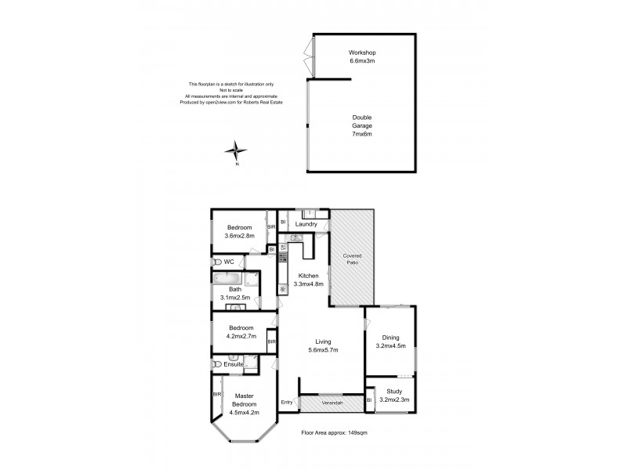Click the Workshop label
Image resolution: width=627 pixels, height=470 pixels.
tap(363, 52)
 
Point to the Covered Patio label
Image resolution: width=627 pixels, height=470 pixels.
tap(351, 260)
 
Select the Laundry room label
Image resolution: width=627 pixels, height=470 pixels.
tap(306, 224)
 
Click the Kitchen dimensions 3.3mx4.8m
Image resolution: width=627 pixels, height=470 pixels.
tap(308, 284)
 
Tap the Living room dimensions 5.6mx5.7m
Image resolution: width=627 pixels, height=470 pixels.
tap(323, 350)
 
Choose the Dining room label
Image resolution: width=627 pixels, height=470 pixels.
tap(390, 338)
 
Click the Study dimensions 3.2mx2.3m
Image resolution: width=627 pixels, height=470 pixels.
tap(393, 399)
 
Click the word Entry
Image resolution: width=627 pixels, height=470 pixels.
tap(287, 402)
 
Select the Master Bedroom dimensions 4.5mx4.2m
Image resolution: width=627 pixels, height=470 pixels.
tap(244, 411)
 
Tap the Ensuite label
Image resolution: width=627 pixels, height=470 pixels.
tap(234, 365)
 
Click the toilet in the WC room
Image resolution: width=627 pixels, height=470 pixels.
tap(216, 262)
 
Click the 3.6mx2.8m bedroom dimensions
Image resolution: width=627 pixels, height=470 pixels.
tap(240, 235)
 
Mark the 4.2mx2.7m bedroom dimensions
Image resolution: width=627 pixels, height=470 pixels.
tap(241, 335)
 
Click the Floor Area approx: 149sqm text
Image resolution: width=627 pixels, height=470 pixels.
tap(335, 432)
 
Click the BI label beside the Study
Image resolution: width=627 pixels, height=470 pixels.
tap(369, 400)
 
